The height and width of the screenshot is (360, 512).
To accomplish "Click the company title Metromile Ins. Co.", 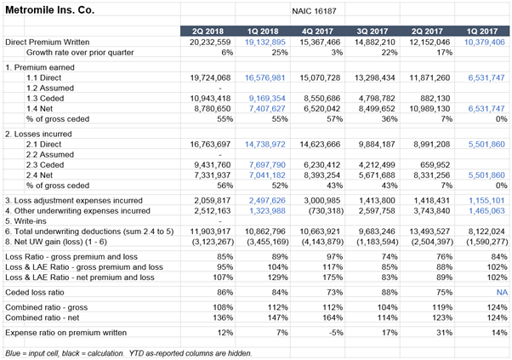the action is pyautogui.click(x=50, y=10).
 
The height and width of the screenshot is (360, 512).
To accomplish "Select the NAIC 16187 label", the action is pyautogui.click(x=314, y=11).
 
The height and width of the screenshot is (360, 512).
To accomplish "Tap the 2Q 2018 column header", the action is pyautogui.click(x=208, y=31).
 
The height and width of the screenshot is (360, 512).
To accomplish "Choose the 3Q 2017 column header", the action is pyautogui.click(x=373, y=31).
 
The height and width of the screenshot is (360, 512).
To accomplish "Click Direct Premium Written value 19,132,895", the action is pyautogui.click(x=265, y=43).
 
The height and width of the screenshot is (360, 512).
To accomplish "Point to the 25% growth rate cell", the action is pyautogui.click(x=280, y=53).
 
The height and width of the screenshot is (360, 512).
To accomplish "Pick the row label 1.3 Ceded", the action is pyautogui.click(x=45, y=99).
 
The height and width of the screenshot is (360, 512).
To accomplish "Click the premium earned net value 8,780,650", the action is pyautogui.click(x=213, y=108).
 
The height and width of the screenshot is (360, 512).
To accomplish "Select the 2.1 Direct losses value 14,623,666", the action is pyautogui.click(x=320, y=144).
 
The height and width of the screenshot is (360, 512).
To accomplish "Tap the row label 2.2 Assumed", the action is pyautogui.click(x=50, y=155).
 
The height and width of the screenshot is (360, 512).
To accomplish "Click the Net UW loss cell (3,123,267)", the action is pyautogui.click(x=213, y=242).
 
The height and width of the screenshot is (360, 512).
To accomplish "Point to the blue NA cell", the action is pyautogui.click(x=502, y=293).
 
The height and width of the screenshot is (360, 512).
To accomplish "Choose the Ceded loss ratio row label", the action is pyautogui.click(x=35, y=293).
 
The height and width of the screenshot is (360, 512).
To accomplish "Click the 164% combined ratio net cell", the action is pyautogui.click(x=333, y=317).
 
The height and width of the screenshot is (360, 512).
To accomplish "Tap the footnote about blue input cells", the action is pyautogui.click(x=128, y=353).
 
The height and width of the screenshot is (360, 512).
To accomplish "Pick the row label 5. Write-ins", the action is pyautogui.click(x=26, y=221).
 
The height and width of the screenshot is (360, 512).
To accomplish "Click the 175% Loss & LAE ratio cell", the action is pyautogui.click(x=333, y=277).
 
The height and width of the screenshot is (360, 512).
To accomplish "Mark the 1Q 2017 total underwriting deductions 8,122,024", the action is pyautogui.click(x=486, y=231).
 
